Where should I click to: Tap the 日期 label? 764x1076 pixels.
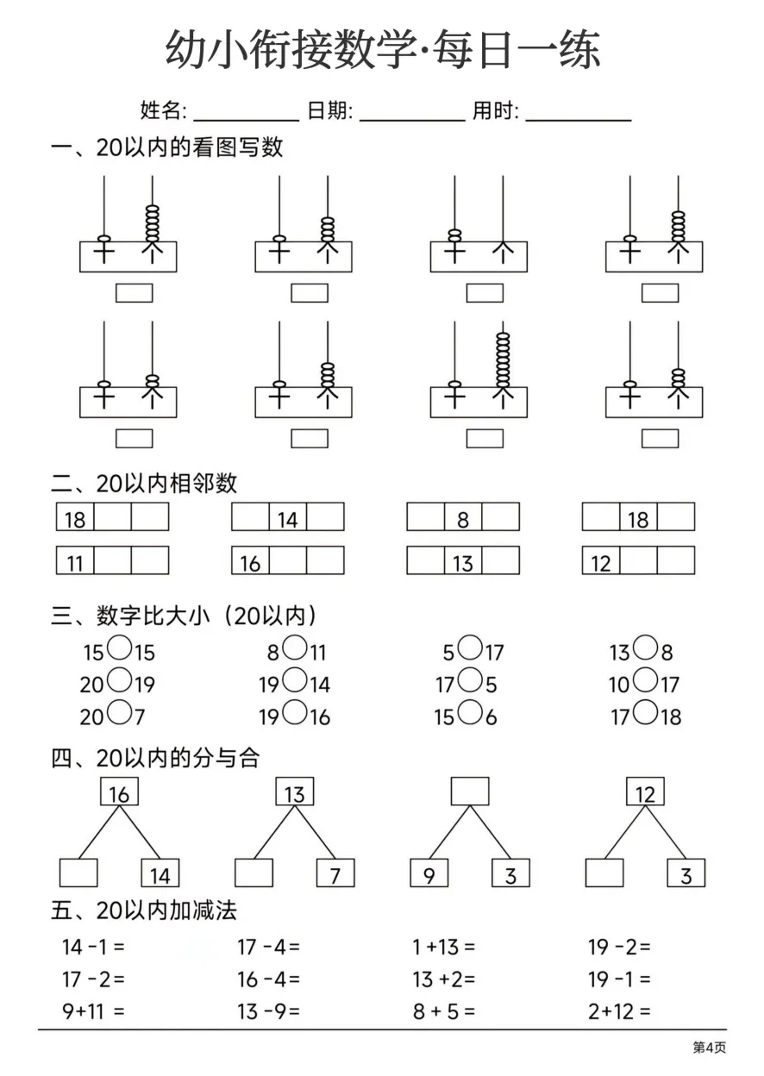329,110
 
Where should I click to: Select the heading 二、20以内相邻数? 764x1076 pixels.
144,483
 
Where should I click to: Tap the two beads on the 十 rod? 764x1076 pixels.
454,236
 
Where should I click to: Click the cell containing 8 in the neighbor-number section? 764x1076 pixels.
463,516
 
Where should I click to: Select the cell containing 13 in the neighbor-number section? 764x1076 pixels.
463,560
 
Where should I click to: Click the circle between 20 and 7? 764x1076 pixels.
119,712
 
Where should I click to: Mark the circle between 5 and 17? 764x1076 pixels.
469,647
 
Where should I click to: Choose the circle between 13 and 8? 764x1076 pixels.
645,647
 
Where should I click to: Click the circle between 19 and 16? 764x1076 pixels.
295,712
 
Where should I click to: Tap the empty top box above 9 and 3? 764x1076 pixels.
470,791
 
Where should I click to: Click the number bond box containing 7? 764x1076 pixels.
335,873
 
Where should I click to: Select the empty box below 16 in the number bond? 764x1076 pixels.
78,873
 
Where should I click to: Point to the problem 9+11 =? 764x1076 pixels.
93,1011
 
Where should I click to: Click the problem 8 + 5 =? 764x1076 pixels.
443,1011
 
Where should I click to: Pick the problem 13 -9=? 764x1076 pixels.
268,1011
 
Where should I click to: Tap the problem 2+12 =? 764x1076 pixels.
619,1011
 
